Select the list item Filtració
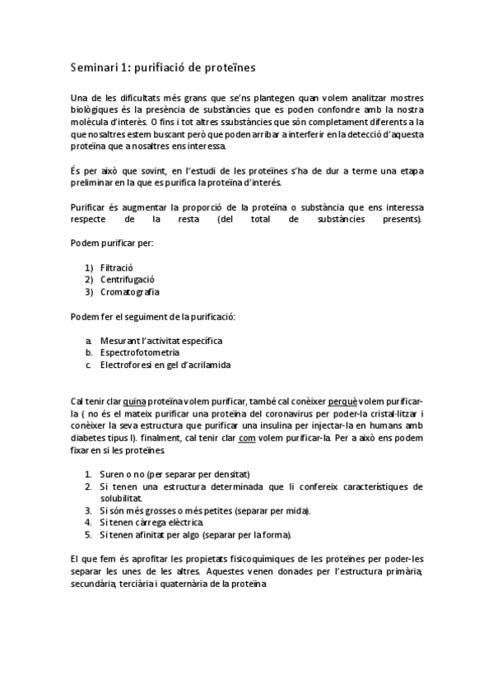tap(116, 268)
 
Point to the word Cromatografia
tap(130, 291)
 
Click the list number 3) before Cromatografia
tap(89, 291)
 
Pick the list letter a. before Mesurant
tap(88, 340)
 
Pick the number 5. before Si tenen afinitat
tap(89, 534)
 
